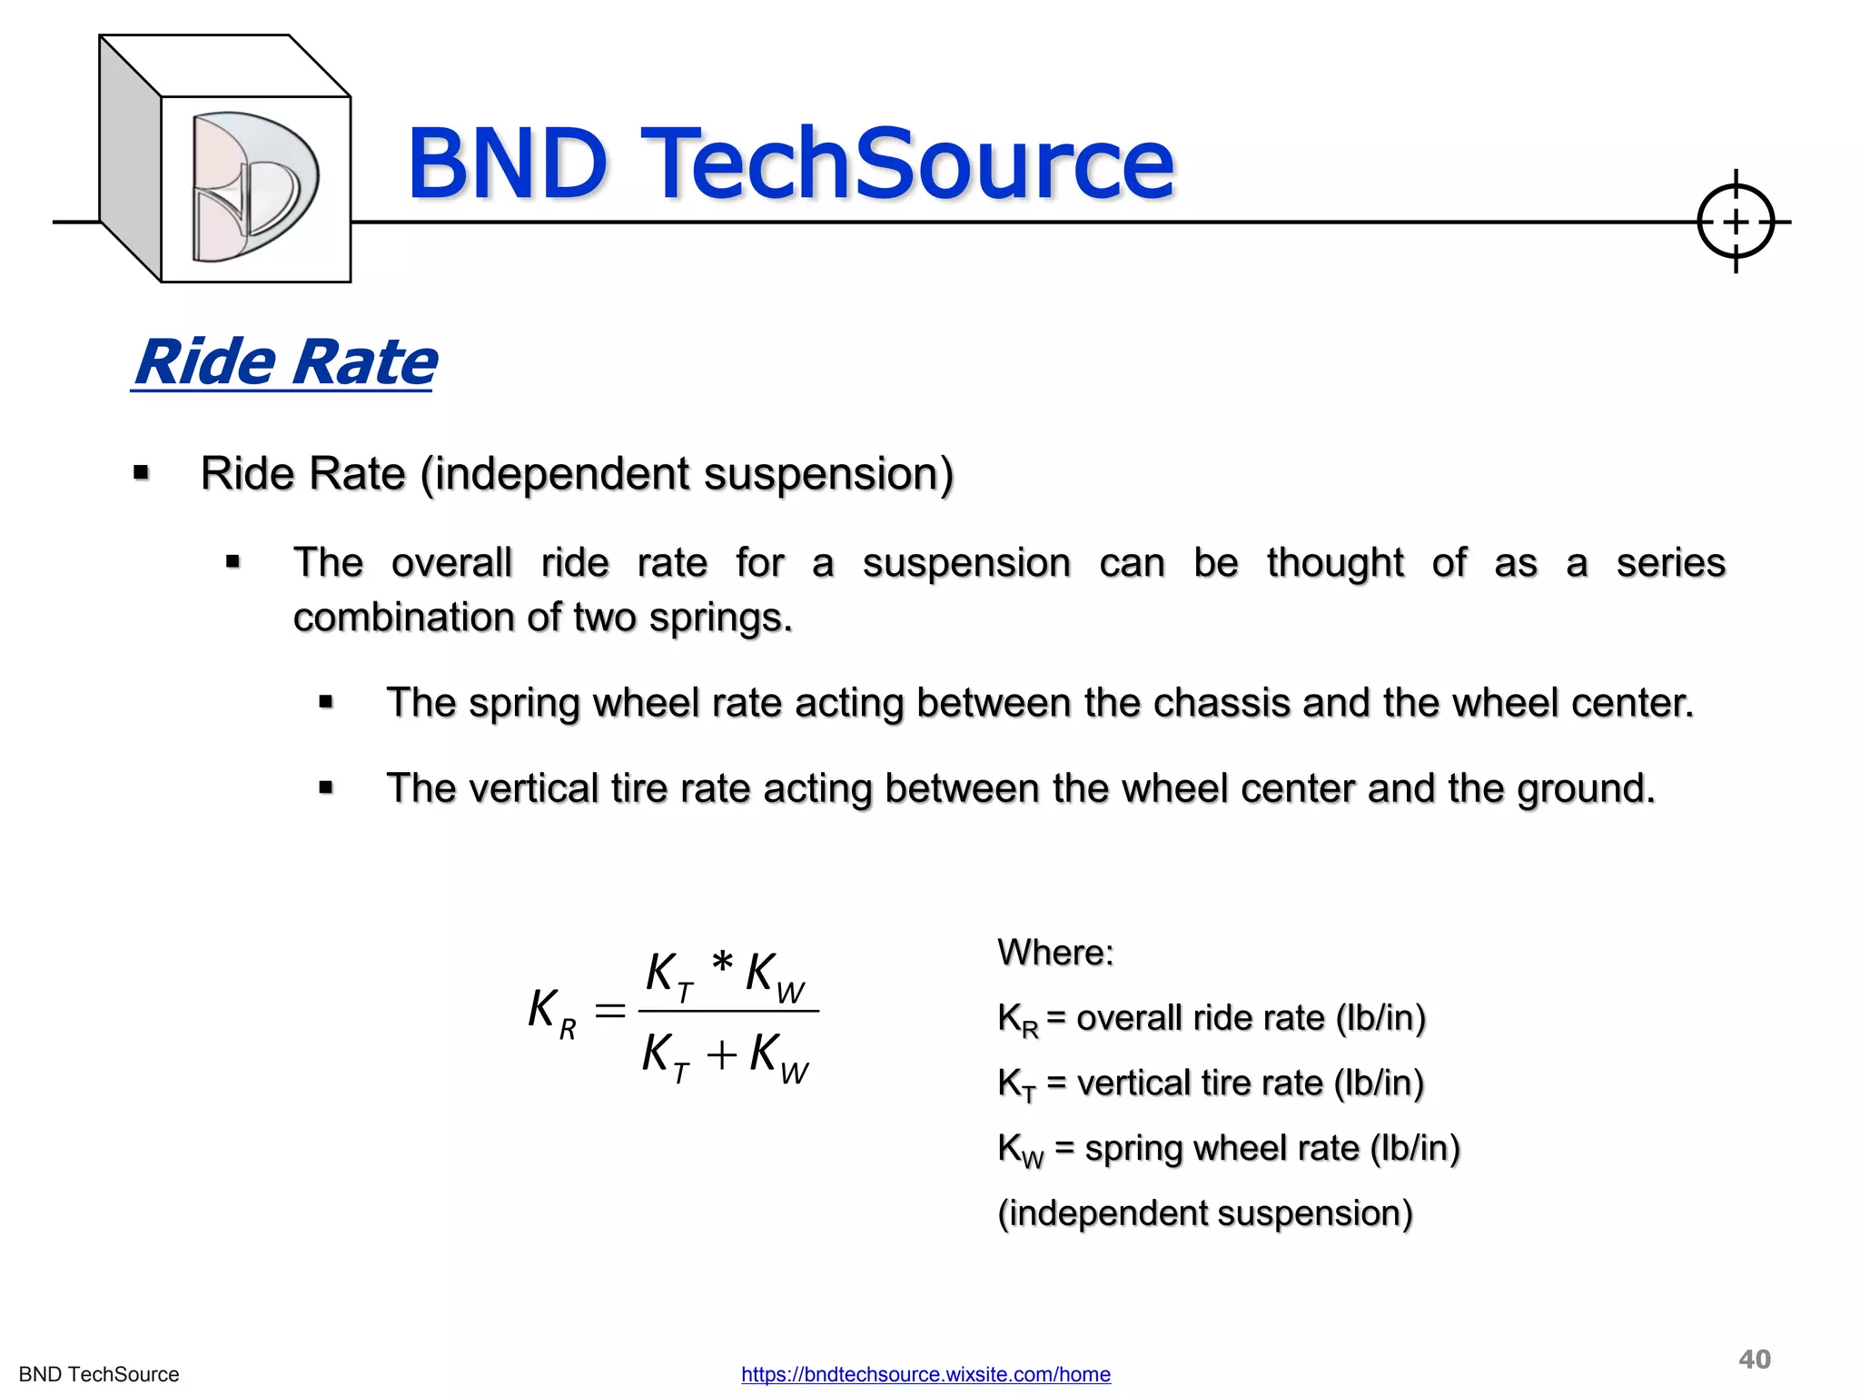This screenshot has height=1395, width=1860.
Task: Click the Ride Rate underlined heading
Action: (284, 362)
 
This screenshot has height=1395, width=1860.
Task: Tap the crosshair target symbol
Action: (1735, 222)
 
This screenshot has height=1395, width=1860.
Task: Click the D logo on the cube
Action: (254, 187)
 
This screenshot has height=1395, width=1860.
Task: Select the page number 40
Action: (1754, 1359)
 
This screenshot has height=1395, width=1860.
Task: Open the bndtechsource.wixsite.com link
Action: (925, 1374)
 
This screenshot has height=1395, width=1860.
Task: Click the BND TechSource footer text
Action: (99, 1374)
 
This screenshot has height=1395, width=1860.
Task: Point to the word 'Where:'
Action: (1055, 953)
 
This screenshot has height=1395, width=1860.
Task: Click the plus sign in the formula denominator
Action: (721, 1055)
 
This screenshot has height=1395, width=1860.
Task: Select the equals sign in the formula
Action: (609, 1010)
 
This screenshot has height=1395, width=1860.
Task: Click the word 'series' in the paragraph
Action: (1670, 562)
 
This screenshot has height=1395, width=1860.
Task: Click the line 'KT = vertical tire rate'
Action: (1210, 1083)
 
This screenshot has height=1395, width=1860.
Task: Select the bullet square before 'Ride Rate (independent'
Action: (141, 472)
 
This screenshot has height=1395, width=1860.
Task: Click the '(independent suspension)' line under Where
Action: (1204, 1213)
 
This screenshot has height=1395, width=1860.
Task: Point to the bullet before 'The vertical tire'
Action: (326, 787)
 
